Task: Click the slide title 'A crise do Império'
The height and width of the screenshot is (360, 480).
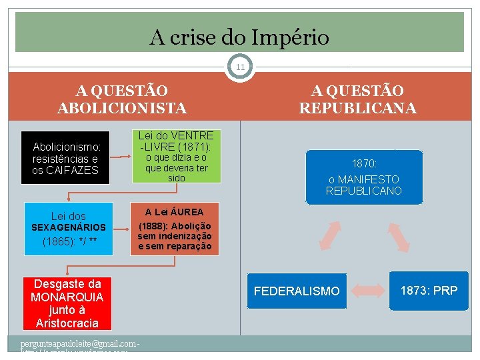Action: click(239, 37)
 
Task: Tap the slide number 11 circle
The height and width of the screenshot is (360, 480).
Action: click(240, 67)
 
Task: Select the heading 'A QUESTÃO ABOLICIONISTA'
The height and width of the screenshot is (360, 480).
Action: click(122, 99)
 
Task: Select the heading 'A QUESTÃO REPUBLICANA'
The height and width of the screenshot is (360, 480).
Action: click(357, 99)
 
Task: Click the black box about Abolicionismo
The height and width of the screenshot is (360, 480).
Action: click(66, 159)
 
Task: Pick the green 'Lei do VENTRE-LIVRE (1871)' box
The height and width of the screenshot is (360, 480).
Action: click(176, 156)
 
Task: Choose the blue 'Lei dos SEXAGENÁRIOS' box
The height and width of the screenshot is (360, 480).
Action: click(69, 227)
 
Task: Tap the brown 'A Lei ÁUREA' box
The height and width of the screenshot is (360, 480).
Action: click(175, 228)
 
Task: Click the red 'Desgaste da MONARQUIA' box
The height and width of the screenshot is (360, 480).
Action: click(67, 303)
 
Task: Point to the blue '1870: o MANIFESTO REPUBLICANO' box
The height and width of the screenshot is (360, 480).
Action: click(364, 177)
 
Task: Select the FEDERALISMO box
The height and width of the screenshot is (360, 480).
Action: click(297, 291)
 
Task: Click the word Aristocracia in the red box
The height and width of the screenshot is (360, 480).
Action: click(67, 323)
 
